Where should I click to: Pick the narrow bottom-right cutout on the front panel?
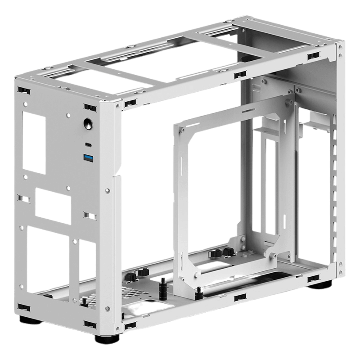pyautogui.click(x=87, y=265)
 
